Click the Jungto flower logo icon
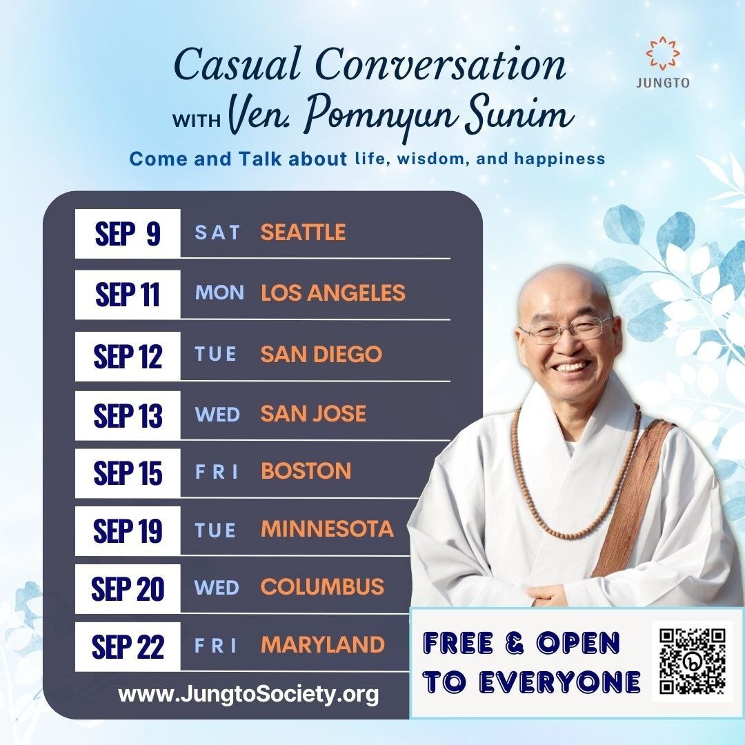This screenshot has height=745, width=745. pyautogui.click(x=663, y=54)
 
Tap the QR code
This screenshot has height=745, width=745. pyautogui.click(x=693, y=661)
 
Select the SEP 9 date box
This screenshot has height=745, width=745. pyautogui.click(x=128, y=233)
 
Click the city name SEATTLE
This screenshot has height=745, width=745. pyautogui.click(x=303, y=232)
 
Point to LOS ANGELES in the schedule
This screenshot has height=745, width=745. pyautogui.click(x=333, y=292)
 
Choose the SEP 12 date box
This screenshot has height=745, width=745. pyautogui.click(x=128, y=357)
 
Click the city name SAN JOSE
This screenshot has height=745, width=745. pyautogui.click(x=314, y=413)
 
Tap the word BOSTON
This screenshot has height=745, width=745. pyautogui.click(x=306, y=471)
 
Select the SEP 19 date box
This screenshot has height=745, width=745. pyautogui.click(x=128, y=530)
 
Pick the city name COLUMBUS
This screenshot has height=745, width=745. pyautogui.click(x=323, y=587)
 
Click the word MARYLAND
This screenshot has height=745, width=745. pyautogui.click(x=323, y=645)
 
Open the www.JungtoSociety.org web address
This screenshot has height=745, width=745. pyautogui.click(x=248, y=695)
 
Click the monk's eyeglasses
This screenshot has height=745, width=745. pyautogui.click(x=566, y=329)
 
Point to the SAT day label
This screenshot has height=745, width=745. pyautogui.click(x=217, y=233)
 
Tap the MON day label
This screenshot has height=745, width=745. pyautogui.click(x=219, y=292)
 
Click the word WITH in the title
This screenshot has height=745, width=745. pyautogui.click(x=196, y=121)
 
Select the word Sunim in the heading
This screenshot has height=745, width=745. pyautogui.click(x=520, y=115)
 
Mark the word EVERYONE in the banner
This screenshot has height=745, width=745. pyautogui.click(x=559, y=682)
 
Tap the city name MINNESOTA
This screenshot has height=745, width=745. pyautogui.click(x=328, y=529)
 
